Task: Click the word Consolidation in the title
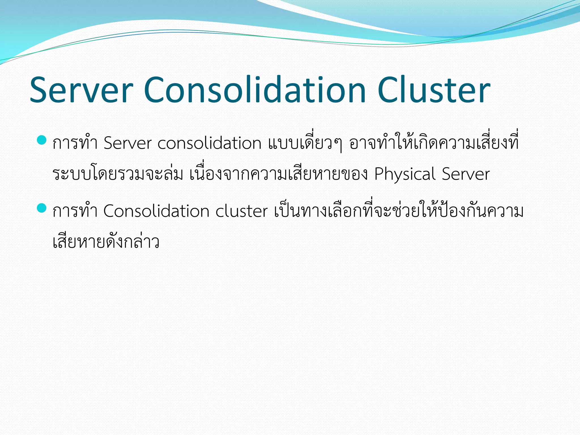click(x=255, y=90)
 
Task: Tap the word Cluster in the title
click(x=434, y=90)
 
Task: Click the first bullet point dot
click(x=42, y=140)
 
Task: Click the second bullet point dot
click(x=42, y=208)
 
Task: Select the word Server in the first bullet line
click(x=127, y=143)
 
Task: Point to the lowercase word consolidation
click(x=209, y=143)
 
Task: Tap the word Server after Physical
click(x=466, y=174)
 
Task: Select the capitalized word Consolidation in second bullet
click(x=156, y=211)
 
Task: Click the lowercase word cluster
click(x=241, y=211)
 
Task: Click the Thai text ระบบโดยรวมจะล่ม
click(x=118, y=174)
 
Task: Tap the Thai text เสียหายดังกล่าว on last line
click(x=106, y=242)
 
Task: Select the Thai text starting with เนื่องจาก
click(x=279, y=174)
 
